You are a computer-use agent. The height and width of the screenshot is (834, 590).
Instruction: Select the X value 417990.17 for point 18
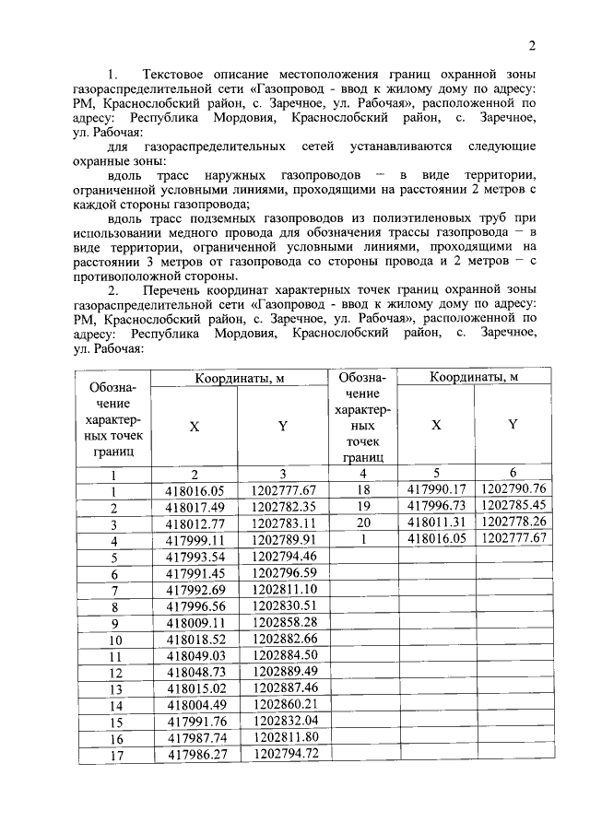(x=435, y=489)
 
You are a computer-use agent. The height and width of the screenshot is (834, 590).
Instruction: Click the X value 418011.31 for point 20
(x=435, y=522)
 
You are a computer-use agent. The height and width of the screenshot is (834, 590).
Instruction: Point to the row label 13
(x=115, y=688)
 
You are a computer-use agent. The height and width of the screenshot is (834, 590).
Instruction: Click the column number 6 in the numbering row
(x=513, y=473)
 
